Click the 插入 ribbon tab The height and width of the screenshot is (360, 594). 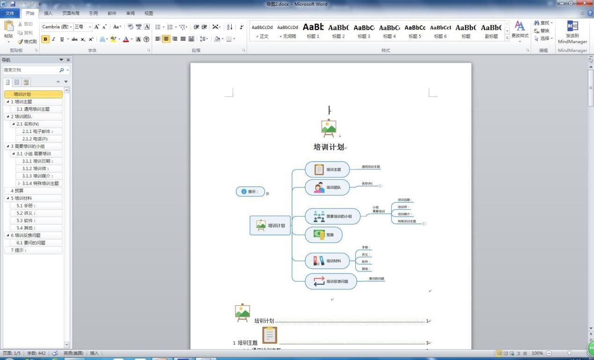(48, 14)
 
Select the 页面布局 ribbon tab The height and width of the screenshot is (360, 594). (71, 14)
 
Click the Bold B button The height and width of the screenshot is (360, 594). (45, 39)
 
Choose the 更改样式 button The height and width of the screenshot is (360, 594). (520, 30)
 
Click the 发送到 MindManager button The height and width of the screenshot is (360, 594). (572, 32)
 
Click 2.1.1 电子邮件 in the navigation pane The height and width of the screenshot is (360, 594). (38, 132)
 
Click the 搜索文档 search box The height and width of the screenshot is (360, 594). (30, 70)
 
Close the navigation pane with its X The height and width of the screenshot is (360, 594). (68, 60)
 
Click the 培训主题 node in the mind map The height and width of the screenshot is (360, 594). (327, 169)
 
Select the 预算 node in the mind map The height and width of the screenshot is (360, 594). (323, 235)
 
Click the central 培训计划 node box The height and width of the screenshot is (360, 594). (271, 225)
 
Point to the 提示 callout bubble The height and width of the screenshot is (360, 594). (250, 191)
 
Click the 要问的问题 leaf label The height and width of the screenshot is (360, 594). (376, 279)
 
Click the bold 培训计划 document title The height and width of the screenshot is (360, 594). (329, 147)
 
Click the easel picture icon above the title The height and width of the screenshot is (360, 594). (329, 127)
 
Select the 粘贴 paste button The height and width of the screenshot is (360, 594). (8, 31)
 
